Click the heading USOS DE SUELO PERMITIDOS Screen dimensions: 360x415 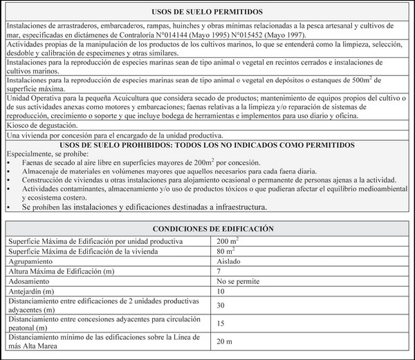click(207, 12)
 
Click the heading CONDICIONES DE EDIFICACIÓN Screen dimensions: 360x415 click(207, 228)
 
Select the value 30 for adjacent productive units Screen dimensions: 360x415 click(221, 305)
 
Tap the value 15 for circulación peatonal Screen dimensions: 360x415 click(221, 323)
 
